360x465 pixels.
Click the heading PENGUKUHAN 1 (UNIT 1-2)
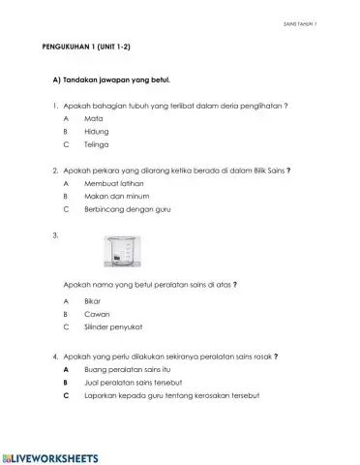(87, 46)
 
